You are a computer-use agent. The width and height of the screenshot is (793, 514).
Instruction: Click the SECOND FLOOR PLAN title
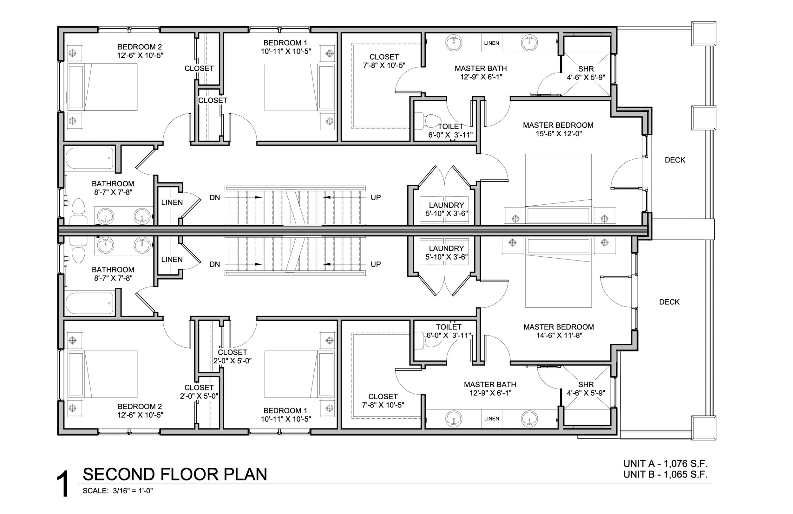pos(174,474)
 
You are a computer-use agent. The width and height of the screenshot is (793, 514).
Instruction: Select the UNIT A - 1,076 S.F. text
pos(665,464)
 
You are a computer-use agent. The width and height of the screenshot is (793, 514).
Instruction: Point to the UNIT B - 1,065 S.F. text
pos(665,474)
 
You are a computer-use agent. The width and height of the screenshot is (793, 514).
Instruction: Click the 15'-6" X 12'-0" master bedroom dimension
pos(559,134)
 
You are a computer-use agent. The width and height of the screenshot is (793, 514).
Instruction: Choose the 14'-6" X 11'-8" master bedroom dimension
pos(559,336)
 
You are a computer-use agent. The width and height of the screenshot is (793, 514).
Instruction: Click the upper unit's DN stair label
pos(214,198)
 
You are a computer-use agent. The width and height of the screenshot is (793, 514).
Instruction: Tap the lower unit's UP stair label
pos(376,264)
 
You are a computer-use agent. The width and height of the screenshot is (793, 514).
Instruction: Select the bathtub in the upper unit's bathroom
pos(89,159)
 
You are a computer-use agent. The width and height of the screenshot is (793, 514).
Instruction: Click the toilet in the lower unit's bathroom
pos(79,253)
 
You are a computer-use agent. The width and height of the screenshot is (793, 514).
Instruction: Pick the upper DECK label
pos(675,160)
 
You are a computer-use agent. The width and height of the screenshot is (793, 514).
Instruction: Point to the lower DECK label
pos(669,302)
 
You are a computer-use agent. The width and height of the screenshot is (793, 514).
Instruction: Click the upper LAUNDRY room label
pos(446,205)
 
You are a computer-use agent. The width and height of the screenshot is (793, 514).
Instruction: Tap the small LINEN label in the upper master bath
pos(491,43)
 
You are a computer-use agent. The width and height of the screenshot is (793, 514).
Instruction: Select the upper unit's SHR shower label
pos(586,69)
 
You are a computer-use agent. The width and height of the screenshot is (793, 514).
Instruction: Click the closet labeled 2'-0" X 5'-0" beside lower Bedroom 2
pos(199,392)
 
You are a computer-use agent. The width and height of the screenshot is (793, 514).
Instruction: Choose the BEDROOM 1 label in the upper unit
pos(285,43)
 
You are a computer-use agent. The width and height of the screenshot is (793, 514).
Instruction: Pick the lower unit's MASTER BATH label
pos(490,384)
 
